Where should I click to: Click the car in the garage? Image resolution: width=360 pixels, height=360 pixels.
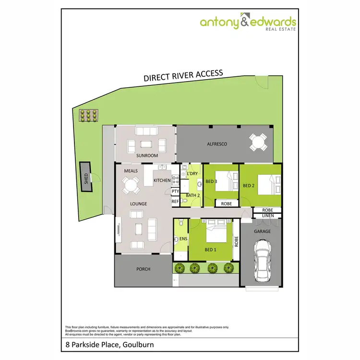pos(263,261)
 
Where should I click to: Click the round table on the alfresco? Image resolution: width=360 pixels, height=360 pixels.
pos(258,142)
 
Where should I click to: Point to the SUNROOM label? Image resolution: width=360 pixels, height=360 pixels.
pos(147,156)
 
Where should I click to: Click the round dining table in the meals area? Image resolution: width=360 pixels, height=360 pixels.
pos(130,185)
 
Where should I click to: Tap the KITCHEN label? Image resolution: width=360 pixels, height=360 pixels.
pos(162,180)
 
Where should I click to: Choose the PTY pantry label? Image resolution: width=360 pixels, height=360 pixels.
pos(175,192)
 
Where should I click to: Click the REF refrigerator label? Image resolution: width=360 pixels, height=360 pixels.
pos(175,202)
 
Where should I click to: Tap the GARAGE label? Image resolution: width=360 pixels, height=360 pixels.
pos(263,231)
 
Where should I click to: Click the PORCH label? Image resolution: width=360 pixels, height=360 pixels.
pos(144,269)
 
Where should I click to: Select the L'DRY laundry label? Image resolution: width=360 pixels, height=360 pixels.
pos(192,173)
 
